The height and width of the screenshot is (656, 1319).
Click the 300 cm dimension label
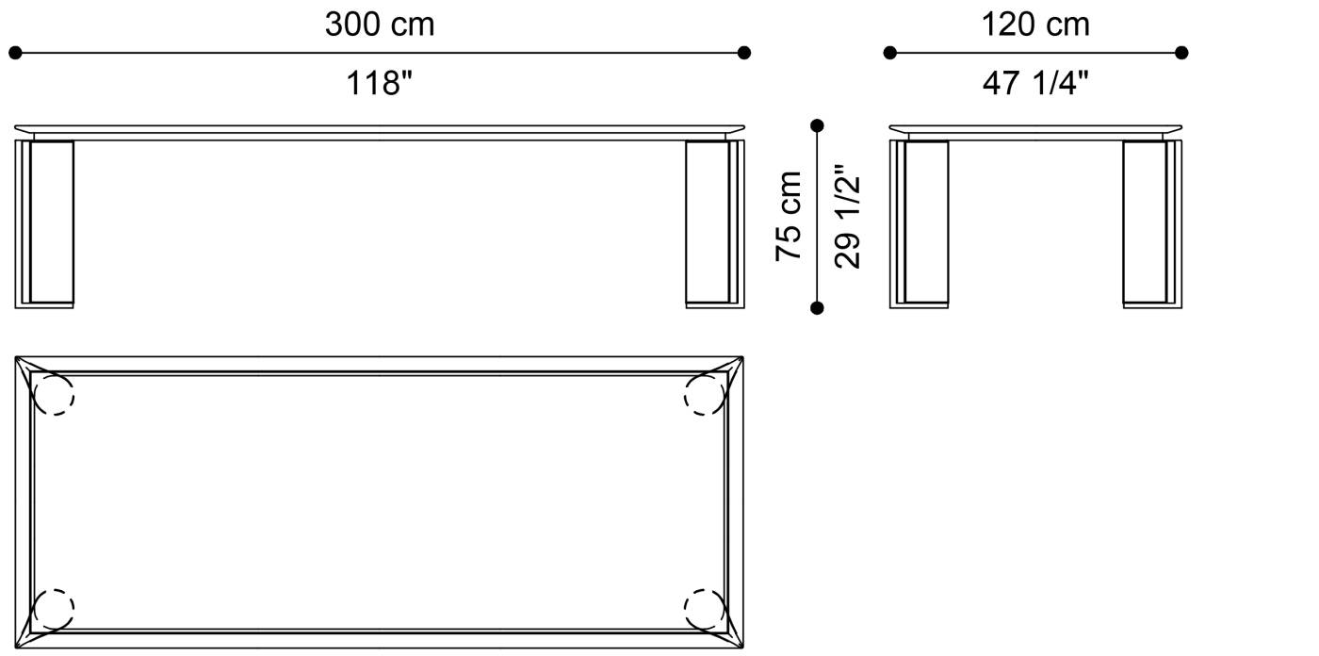pos(380,25)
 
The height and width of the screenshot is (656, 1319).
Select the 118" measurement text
pos(380,83)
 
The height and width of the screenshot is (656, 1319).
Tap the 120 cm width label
pos(1035,25)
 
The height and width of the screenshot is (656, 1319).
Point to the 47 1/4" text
pos(1035,83)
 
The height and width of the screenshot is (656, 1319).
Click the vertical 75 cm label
pos(789,216)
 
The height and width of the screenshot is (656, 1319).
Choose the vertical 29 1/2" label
pos(847,216)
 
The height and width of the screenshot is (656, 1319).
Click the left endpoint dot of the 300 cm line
pos(15,53)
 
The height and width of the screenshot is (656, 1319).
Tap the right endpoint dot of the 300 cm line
pos(744,53)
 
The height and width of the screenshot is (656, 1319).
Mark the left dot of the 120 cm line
pos(889,53)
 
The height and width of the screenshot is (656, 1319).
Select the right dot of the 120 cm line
pos(1181,53)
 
